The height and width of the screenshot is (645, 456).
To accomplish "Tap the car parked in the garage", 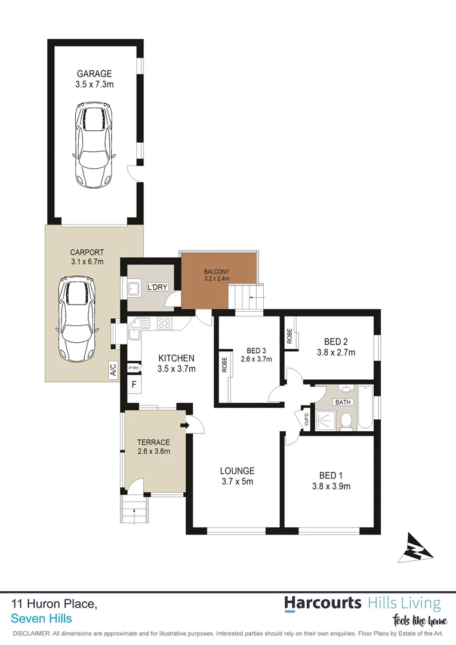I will point(94,145).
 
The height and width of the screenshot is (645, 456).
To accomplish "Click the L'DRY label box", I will point(158,287).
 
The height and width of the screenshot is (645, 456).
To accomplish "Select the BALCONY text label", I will point(215,272).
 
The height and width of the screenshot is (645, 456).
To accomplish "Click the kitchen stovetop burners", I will point(165,324).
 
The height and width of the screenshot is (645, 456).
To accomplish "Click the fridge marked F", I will point(134,384).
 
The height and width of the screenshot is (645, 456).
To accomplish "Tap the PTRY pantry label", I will point(133,368).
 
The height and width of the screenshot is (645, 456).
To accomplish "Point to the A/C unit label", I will point(113,370).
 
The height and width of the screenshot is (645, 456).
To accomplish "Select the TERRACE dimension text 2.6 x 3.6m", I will point(154,451).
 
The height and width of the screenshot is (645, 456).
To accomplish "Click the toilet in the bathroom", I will point(344,422).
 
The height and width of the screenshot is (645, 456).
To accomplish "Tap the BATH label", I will point(343,402).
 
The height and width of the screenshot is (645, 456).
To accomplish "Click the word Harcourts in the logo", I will point(322,603).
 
